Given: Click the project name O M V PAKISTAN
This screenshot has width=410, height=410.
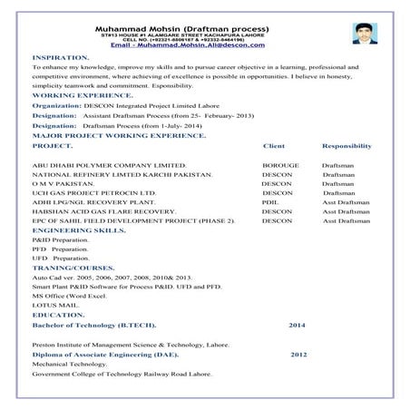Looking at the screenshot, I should [x=62, y=184].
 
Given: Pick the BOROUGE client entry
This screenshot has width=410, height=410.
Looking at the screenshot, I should [x=279, y=166].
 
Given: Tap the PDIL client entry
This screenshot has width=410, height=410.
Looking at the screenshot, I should [x=270, y=202].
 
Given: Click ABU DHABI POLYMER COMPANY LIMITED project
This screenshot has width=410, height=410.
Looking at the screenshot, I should [x=108, y=166].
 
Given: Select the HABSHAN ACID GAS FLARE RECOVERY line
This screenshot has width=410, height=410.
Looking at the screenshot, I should [x=104, y=211].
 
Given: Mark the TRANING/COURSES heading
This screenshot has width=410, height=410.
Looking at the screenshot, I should [x=73, y=269].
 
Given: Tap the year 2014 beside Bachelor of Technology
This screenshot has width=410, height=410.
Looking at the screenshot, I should [x=298, y=325].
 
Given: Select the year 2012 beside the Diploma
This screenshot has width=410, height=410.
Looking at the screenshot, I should [x=299, y=355].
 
